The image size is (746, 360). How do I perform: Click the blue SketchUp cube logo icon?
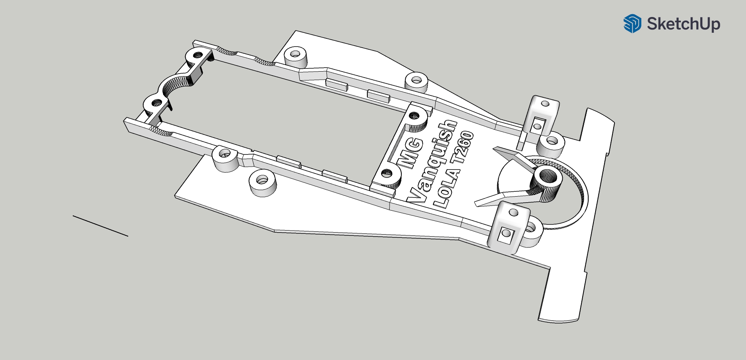click(632, 23)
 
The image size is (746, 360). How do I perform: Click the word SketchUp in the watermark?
click(683, 24)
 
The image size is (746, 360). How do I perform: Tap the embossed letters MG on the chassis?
click(410, 153)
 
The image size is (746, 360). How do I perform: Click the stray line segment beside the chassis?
click(100, 226)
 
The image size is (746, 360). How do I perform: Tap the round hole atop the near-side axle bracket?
click(513, 212)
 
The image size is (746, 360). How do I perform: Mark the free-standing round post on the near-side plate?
click(263, 183)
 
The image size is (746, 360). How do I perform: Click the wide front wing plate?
click(583, 227)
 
